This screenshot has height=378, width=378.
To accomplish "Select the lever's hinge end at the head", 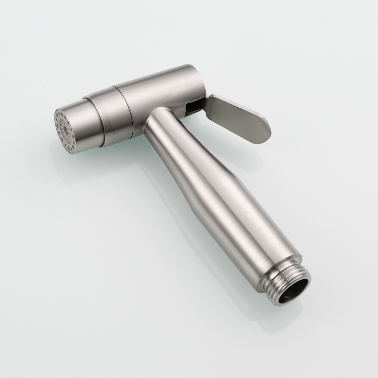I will (206, 102).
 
